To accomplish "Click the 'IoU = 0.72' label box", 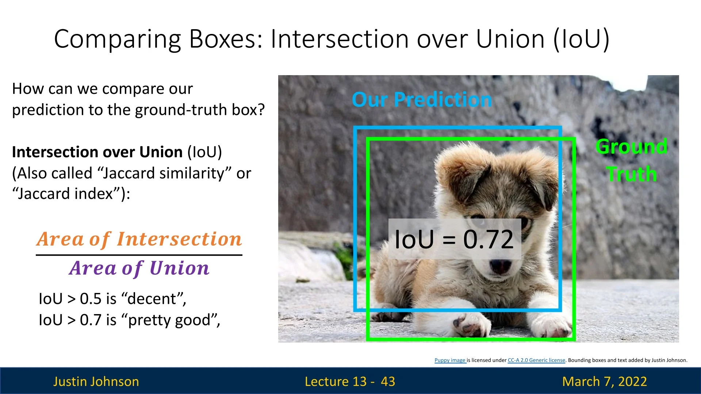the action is coord(455,239).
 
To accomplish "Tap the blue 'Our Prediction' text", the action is coord(422,99).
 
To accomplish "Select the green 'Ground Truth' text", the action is coord(632,160).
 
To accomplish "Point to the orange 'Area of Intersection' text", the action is coord(139,239).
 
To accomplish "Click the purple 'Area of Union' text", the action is coord(139,268).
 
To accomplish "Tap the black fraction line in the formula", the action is coord(139,255).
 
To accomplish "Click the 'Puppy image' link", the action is coord(450,360).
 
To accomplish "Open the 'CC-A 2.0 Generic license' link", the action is coord(536,360).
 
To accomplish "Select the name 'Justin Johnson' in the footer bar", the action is coord(96,381).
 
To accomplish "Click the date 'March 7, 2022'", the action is coord(605,381).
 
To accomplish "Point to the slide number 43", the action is coord(388,381).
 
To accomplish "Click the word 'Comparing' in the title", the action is coord(118,39).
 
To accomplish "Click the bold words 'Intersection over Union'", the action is coord(97,152).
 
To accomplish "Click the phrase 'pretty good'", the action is coord(169,320).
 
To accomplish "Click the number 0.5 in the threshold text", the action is coord(91,299).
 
